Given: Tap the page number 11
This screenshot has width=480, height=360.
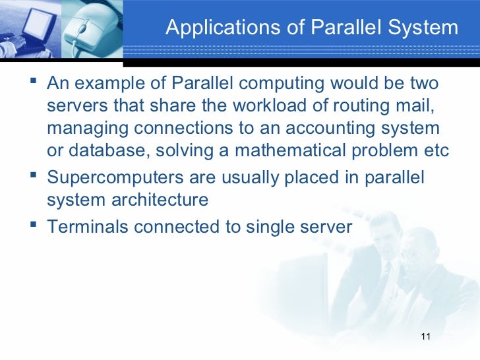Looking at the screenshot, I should pyautogui.click(x=425, y=338).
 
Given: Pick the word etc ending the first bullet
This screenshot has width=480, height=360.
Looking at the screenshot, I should pyautogui.click(x=435, y=151).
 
